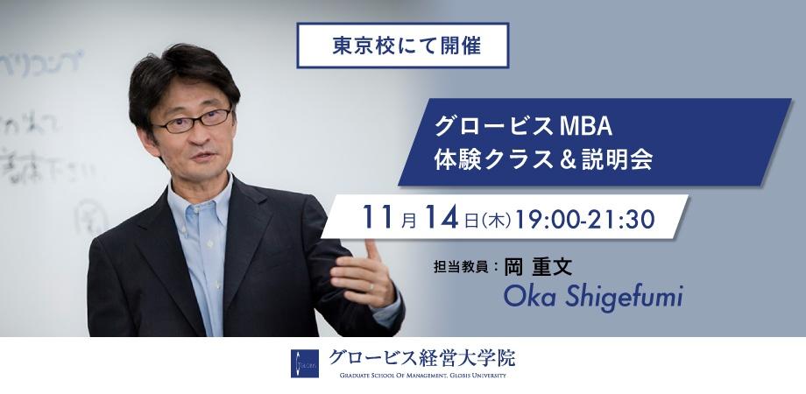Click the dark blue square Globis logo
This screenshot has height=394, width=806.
tap(306, 363)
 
